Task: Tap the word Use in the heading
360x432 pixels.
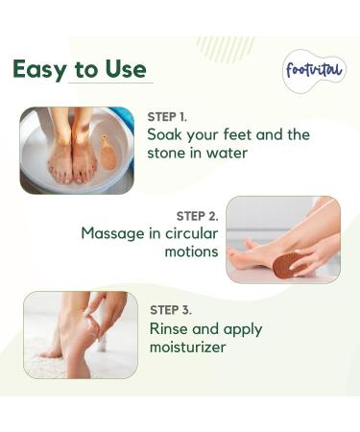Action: pyautogui.click(x=127, y=70)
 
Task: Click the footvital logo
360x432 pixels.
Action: pyautogui.click(x=313, y=71)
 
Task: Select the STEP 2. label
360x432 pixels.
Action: pyautogui.click(x=197, y=216)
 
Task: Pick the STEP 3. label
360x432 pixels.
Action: pyautogui.click(x=171, y=310)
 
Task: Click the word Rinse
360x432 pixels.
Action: pyautogui.click(x=170, y=328)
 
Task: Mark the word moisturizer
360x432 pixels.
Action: pyautogui.click(x=188, y=347)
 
